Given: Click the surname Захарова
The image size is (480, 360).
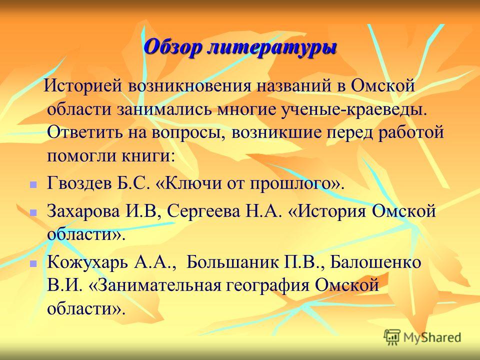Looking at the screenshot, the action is [x=83, y=211].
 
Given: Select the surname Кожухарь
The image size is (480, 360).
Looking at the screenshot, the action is [x=88, y=262].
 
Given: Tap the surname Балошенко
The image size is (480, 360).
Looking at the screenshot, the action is [x=376, y=262].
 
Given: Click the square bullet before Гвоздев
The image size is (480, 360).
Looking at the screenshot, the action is [x=33, y=184].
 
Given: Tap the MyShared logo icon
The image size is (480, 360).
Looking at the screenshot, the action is [x=392, y=337].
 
